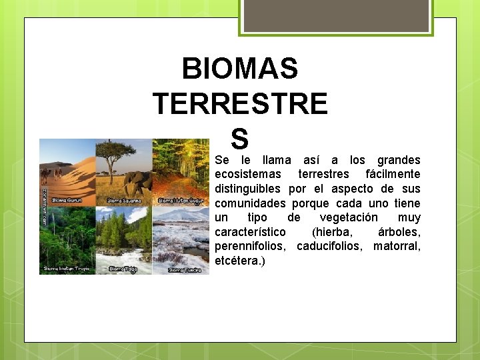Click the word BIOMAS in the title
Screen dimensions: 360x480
[x=239, y=69]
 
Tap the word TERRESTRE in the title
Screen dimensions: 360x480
[x=240, y=104]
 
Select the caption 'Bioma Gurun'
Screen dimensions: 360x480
[x=67, y=200]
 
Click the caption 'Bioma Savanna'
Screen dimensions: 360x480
[x=123, y=200]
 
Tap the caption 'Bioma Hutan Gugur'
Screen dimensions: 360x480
[x=181, y=200]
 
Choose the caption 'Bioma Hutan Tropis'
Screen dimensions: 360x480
[x=67, y=269]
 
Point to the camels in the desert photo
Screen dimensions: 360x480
[x=51, y=174]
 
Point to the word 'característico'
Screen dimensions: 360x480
[x=250, y=233]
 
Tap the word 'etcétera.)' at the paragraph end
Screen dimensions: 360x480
[x=239, y=261]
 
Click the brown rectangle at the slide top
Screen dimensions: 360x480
[x=336, y=15]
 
